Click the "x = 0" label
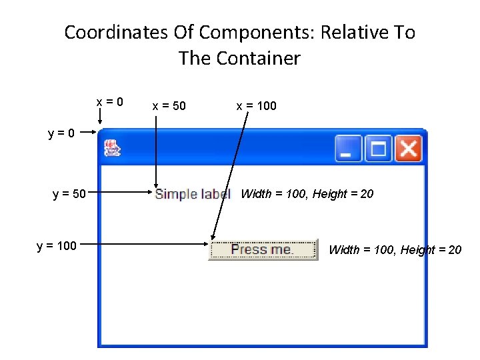pos(109,102)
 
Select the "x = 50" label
pos(169,106)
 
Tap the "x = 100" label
pos(256,106)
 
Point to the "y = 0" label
pos(61,133)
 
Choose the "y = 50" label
pos(69,194)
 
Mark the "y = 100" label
pos(57,246)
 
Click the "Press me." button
pos(263,250)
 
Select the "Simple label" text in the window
pos(192,194)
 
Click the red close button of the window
pos(407,149)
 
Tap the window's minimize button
pos(348,149)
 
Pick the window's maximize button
pos(378,149)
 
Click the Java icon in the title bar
pos(112,148)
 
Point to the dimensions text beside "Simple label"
pos(307,194)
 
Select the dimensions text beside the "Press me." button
pos(395,250)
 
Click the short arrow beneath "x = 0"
pos(100,117)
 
